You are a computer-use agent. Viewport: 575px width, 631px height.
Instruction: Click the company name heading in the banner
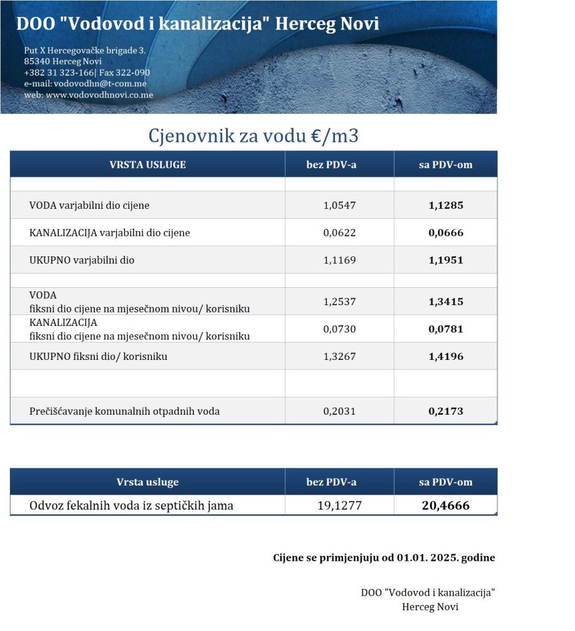[x=198, y=24]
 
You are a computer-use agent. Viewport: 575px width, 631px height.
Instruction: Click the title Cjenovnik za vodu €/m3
[x=253, y=136]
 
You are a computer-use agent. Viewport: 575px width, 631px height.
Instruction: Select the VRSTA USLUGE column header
[x=147, y=165]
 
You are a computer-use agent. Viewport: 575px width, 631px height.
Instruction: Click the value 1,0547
[x=339, y=205]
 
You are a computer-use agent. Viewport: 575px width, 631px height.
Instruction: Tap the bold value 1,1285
[x=446, y=205]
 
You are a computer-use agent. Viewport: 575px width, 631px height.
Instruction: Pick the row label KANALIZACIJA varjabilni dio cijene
[x=110, y=233]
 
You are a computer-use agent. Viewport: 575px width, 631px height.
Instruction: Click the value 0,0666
[x=446, y=233]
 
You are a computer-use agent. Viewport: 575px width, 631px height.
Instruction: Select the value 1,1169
[x=339, y=260]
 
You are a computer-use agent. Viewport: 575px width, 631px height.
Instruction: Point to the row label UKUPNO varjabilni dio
[x=82, y=260]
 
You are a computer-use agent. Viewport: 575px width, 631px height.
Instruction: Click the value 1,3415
[x=446, y=302]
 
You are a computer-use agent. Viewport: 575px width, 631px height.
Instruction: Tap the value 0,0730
[x=339, y=329]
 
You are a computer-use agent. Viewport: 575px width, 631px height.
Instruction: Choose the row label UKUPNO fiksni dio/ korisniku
[x=99, y=356]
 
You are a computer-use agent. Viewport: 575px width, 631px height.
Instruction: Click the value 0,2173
[x=446, y=411]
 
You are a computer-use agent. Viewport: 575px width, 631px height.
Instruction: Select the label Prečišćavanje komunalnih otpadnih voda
[x=124, y=411]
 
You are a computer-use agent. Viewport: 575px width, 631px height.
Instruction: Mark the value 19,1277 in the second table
[x=339, y=506]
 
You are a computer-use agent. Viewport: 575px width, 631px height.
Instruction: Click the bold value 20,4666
[x=446, y=506]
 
